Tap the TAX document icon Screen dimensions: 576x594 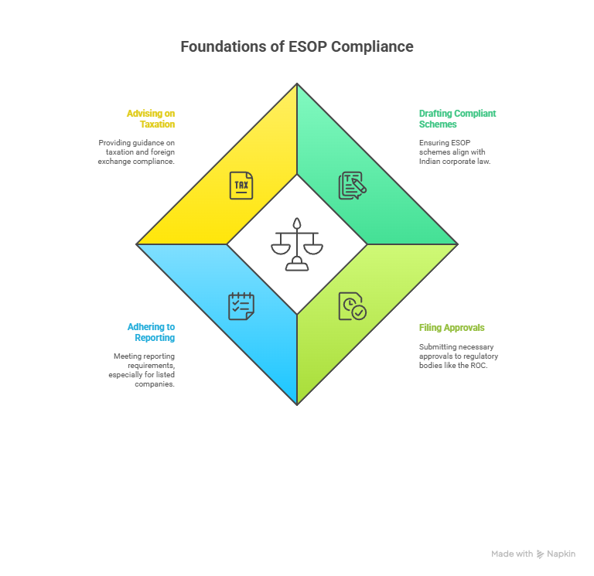tap(241, 186)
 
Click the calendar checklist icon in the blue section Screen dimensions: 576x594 tap(241, 306)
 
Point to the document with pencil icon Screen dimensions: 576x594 tap(352, 186)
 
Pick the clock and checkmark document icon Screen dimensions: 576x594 tap(352, 306)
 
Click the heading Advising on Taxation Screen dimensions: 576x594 tap(152, 118)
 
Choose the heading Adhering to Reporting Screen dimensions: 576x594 tap(152, 332)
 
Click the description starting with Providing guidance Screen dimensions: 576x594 tap(137, 152)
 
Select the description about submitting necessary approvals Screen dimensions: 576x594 tap(458, 356)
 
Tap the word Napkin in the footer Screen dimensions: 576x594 tap(561, 554)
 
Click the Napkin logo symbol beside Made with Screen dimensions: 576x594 tap(540, 554)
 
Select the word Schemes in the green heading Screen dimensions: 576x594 tap(438, 124)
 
